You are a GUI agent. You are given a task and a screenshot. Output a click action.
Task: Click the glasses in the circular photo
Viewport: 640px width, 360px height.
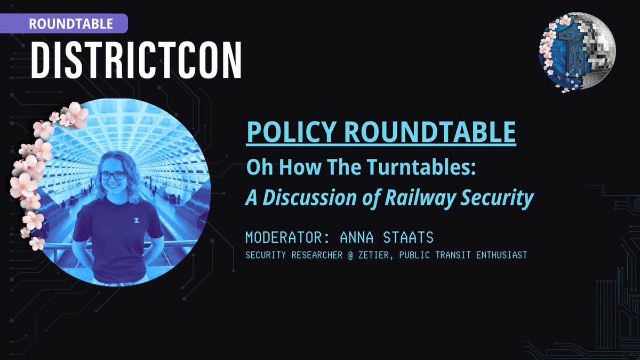pos(113,175)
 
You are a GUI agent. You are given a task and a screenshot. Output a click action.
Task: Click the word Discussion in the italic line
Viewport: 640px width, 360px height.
pos(308,198)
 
